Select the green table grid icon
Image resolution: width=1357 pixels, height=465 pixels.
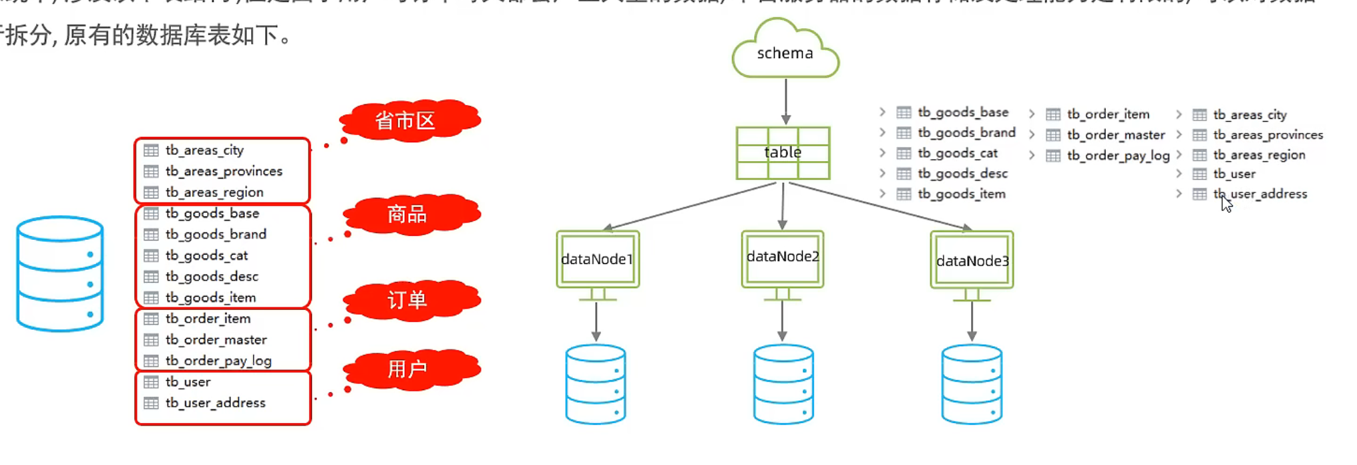pyautogui.click(x=783, y=153)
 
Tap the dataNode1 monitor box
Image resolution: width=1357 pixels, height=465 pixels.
pyautogui.click(x=597, y=259)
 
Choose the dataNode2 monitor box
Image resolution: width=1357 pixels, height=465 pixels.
pyautogui.click(x=782, y=257)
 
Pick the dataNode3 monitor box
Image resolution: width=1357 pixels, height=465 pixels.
pyautogui.click(x=972, y=260)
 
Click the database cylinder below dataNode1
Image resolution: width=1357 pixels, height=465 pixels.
pyautogui.click(x=596, y=383)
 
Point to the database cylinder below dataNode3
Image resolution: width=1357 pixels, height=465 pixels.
pyautogui.click(x=972, y=383)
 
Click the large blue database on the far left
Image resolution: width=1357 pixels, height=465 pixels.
pyautogui.click(x=60, y=273)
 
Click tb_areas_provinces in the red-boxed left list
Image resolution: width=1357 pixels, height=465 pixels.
pyautogui.click(x=224, y=171)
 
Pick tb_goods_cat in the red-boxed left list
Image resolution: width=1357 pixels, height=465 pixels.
pyautogui.click(x=206, y=255)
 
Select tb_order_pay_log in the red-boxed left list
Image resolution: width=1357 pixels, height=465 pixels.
pyautogui.click(x=218, y=361)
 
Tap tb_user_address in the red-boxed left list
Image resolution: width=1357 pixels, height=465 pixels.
pyautogui.click(x=215, y=403)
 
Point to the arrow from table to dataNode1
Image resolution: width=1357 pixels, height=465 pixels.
pyautogui.click(x=691, y=206)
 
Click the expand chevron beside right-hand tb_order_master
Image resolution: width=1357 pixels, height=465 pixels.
pyautogui.click(x=1032, y=135)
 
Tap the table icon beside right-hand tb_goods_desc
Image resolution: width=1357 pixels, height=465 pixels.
pyautogui.click(x=904, y=174)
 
